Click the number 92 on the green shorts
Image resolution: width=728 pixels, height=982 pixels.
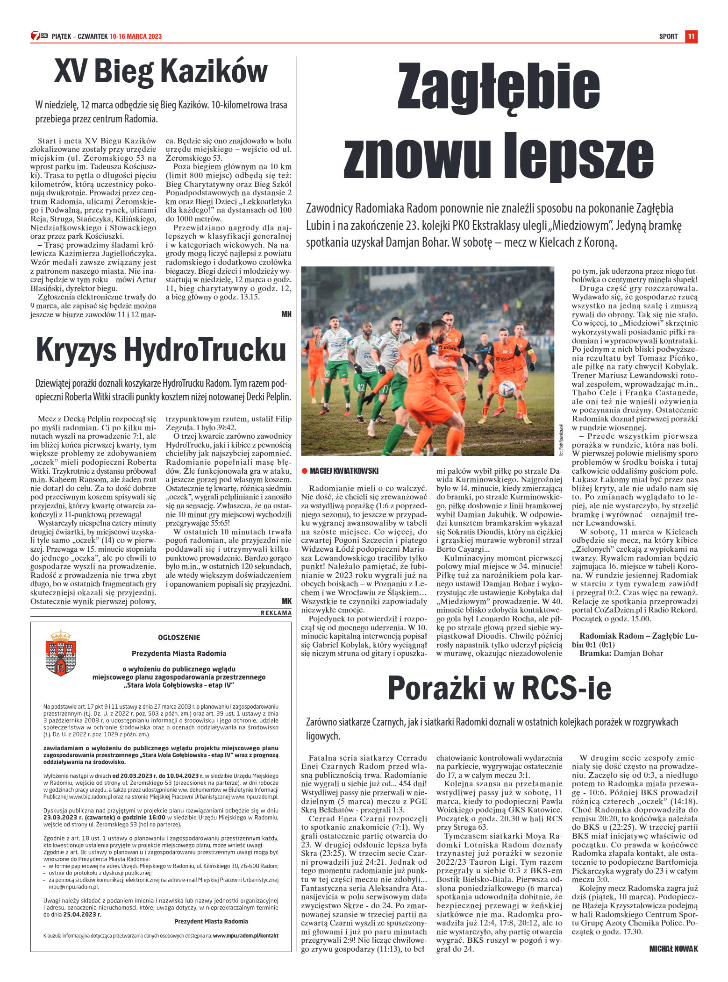pos(361,387)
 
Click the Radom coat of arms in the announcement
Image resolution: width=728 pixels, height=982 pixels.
pos(61,652)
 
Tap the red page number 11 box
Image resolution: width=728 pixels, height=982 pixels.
pos(691,36)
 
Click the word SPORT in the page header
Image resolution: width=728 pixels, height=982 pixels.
pos(668,36)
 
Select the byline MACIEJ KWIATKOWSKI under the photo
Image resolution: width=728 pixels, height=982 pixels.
pos(344,471)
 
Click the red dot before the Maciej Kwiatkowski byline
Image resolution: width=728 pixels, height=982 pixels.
pos(304,471)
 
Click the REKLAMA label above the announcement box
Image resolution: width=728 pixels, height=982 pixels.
pos(276,613)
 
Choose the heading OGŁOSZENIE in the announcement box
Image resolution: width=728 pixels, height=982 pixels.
pos(179,638)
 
